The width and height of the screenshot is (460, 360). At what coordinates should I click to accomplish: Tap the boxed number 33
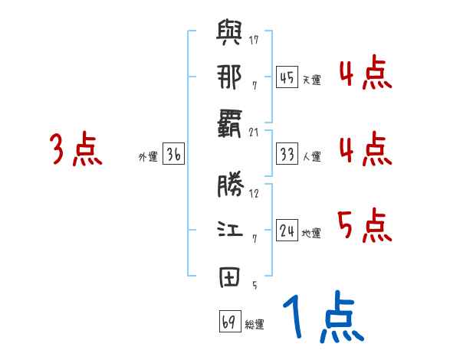point(287,154)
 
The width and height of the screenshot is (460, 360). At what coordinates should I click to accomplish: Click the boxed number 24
point(287,231)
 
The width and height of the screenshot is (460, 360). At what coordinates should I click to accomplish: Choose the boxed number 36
point(173,154)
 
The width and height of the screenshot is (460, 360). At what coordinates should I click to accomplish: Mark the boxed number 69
point(228,322)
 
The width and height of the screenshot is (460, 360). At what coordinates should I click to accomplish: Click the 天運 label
point(311,80)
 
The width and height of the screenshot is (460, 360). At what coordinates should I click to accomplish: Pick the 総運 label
point(255,325)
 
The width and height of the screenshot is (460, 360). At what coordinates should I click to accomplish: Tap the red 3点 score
point(75,149)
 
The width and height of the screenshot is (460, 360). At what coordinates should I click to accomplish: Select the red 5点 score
point(364,226)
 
